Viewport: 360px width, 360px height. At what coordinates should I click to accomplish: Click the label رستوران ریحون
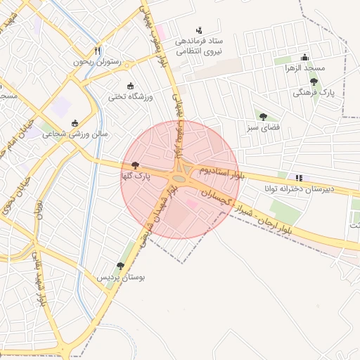pyautogui.click(x=98, y=62)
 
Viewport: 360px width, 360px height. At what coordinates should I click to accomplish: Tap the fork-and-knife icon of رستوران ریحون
pyautogui.click(x=98, y=51)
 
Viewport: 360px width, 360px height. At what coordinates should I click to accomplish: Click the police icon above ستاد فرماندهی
pyautogui.click(x=199, y=30)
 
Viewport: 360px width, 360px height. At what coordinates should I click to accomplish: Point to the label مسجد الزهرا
pyautogui.click(x=304, y=68)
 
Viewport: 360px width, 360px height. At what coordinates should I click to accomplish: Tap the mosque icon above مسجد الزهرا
pyautogui.click(x=304, y=57)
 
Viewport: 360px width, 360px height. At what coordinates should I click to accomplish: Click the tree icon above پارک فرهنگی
pyautogui.click(x=314, y=82)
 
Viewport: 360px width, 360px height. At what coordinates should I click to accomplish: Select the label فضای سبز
pyautogui.click(x=263, y=128)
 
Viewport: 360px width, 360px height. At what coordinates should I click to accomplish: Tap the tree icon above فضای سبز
pyautogui.click(x=263, y=117)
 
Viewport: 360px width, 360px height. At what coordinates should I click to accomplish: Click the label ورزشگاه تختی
pyautogui.click(x=131, y=96)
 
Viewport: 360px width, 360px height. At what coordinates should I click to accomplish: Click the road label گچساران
pyautogui.click(x=216, y=197)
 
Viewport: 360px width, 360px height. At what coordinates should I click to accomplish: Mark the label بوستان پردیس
pyautogui.click(x=121, y=278)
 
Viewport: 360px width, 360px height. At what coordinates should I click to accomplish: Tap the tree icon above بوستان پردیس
pyautogui.click(x=120, y=266)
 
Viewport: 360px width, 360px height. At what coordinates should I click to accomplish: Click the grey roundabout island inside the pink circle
pyautogui.click(x=179, y=179)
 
